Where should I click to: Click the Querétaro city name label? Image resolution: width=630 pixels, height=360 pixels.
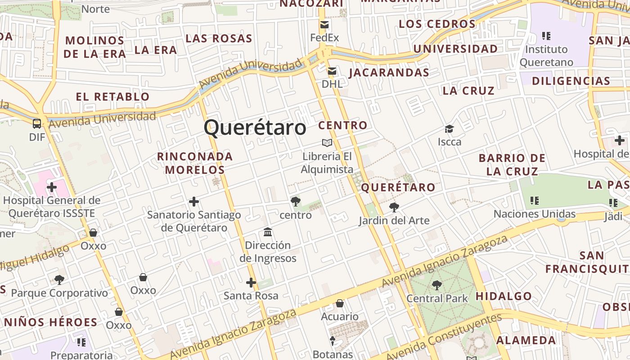tap(255, 127)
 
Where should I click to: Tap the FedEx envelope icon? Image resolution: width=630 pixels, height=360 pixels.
tap(324, 25)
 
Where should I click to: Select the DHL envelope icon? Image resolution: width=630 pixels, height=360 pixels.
tap(332, 71)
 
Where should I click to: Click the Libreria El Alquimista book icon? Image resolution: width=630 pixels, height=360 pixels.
tap(327, 143)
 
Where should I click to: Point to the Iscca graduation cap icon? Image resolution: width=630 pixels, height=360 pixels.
tap(449, 129)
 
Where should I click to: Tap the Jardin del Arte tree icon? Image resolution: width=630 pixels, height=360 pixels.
tap(394, 207)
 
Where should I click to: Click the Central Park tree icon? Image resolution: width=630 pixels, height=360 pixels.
tap(436, 285)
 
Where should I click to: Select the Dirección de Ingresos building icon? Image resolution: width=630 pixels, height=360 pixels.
tap(268, 232)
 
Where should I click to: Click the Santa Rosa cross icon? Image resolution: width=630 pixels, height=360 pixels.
tap(251, 283)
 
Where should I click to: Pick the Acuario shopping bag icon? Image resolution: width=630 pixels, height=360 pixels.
tap(340, 304)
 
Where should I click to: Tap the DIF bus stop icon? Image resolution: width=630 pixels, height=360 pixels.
tap(37, 124)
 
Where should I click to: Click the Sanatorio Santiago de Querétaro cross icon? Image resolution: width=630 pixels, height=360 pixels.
tap(194, 202)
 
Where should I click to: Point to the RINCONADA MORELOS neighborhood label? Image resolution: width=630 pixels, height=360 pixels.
tap(195, 163)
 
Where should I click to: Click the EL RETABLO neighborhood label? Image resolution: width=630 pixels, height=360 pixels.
tap(112, 96)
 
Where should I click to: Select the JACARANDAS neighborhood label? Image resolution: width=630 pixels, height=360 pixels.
tap(389, 72)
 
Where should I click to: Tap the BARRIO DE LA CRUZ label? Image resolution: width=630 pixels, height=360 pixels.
tap(512, 165)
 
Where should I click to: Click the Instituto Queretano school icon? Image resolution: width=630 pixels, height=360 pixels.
tap(546, 36)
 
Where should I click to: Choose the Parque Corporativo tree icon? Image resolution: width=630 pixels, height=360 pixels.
tap(59, 280)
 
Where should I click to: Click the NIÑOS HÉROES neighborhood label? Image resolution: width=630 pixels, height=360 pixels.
tap(50, 322)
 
